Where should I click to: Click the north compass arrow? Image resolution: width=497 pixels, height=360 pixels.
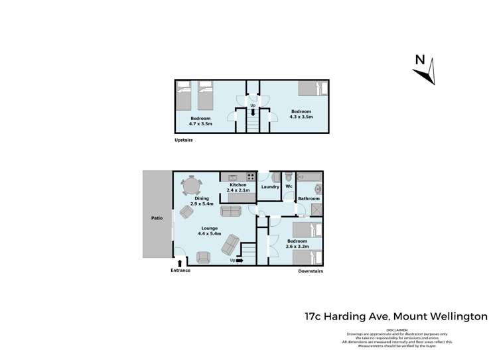coord(425,70)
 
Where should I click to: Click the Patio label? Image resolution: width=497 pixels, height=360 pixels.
coord(157,217)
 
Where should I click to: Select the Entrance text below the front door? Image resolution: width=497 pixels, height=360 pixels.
coord(180,270)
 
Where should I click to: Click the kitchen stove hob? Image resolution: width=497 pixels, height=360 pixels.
coord(251,177)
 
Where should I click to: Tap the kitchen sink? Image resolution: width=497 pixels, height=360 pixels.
coord(233,177)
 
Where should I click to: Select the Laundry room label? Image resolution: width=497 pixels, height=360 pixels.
coord(270,187)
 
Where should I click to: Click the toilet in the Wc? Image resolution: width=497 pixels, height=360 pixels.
coord(288,178)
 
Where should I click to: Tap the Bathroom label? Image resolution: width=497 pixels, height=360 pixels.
coord(309,198)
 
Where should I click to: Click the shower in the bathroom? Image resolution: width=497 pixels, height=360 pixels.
coord(317,209)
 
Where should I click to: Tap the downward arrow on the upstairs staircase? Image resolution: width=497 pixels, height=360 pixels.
coord(252,112)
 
